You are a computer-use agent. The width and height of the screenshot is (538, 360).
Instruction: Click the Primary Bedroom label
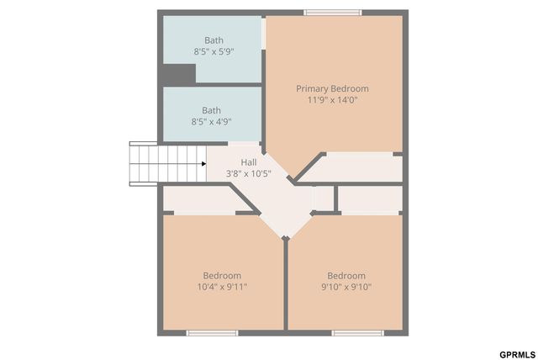pos(332,88)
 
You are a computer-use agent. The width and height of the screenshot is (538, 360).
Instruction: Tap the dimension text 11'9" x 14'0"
pos(332,100)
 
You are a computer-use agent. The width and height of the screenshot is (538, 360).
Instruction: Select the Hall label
pos(249,162)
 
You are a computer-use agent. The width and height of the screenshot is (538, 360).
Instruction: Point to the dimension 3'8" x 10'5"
pos(249,174)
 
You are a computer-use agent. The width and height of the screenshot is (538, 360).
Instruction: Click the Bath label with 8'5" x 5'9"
pos(214,40)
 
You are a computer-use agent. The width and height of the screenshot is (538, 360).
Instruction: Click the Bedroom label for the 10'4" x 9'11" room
pos(222,275)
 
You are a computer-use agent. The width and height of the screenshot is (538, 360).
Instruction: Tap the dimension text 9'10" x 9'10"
pos(346,287)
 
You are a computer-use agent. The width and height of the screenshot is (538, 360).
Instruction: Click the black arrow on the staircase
pos(203,164)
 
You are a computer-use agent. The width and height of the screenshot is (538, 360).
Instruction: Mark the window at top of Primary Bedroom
pos(333,13)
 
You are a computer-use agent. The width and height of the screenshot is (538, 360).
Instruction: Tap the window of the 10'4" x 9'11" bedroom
pos(212,333)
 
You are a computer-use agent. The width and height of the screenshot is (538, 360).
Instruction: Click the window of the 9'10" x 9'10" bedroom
pos(357,333)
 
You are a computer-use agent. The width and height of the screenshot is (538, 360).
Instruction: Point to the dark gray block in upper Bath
pos(178,74)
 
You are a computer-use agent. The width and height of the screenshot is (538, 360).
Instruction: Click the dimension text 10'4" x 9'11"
pos(222,287)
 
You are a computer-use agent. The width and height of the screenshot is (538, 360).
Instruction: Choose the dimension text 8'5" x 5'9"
pos(214,51)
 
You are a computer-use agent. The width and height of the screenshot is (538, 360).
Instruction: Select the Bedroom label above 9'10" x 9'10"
pos(346,275)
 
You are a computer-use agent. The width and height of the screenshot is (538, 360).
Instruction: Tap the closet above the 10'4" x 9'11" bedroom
pos(198,199)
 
